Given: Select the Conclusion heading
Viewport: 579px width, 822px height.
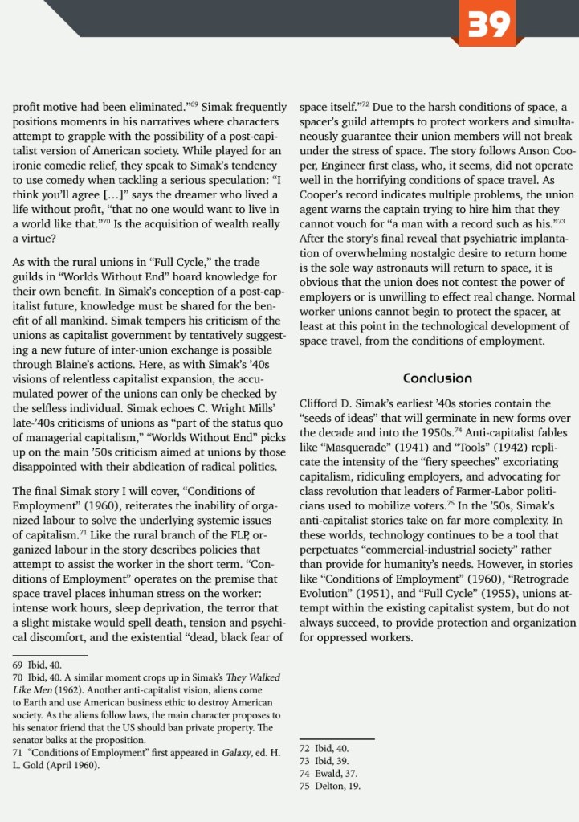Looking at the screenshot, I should tap(438, 378).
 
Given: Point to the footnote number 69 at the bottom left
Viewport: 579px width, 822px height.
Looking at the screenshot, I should tap(18, 665).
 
